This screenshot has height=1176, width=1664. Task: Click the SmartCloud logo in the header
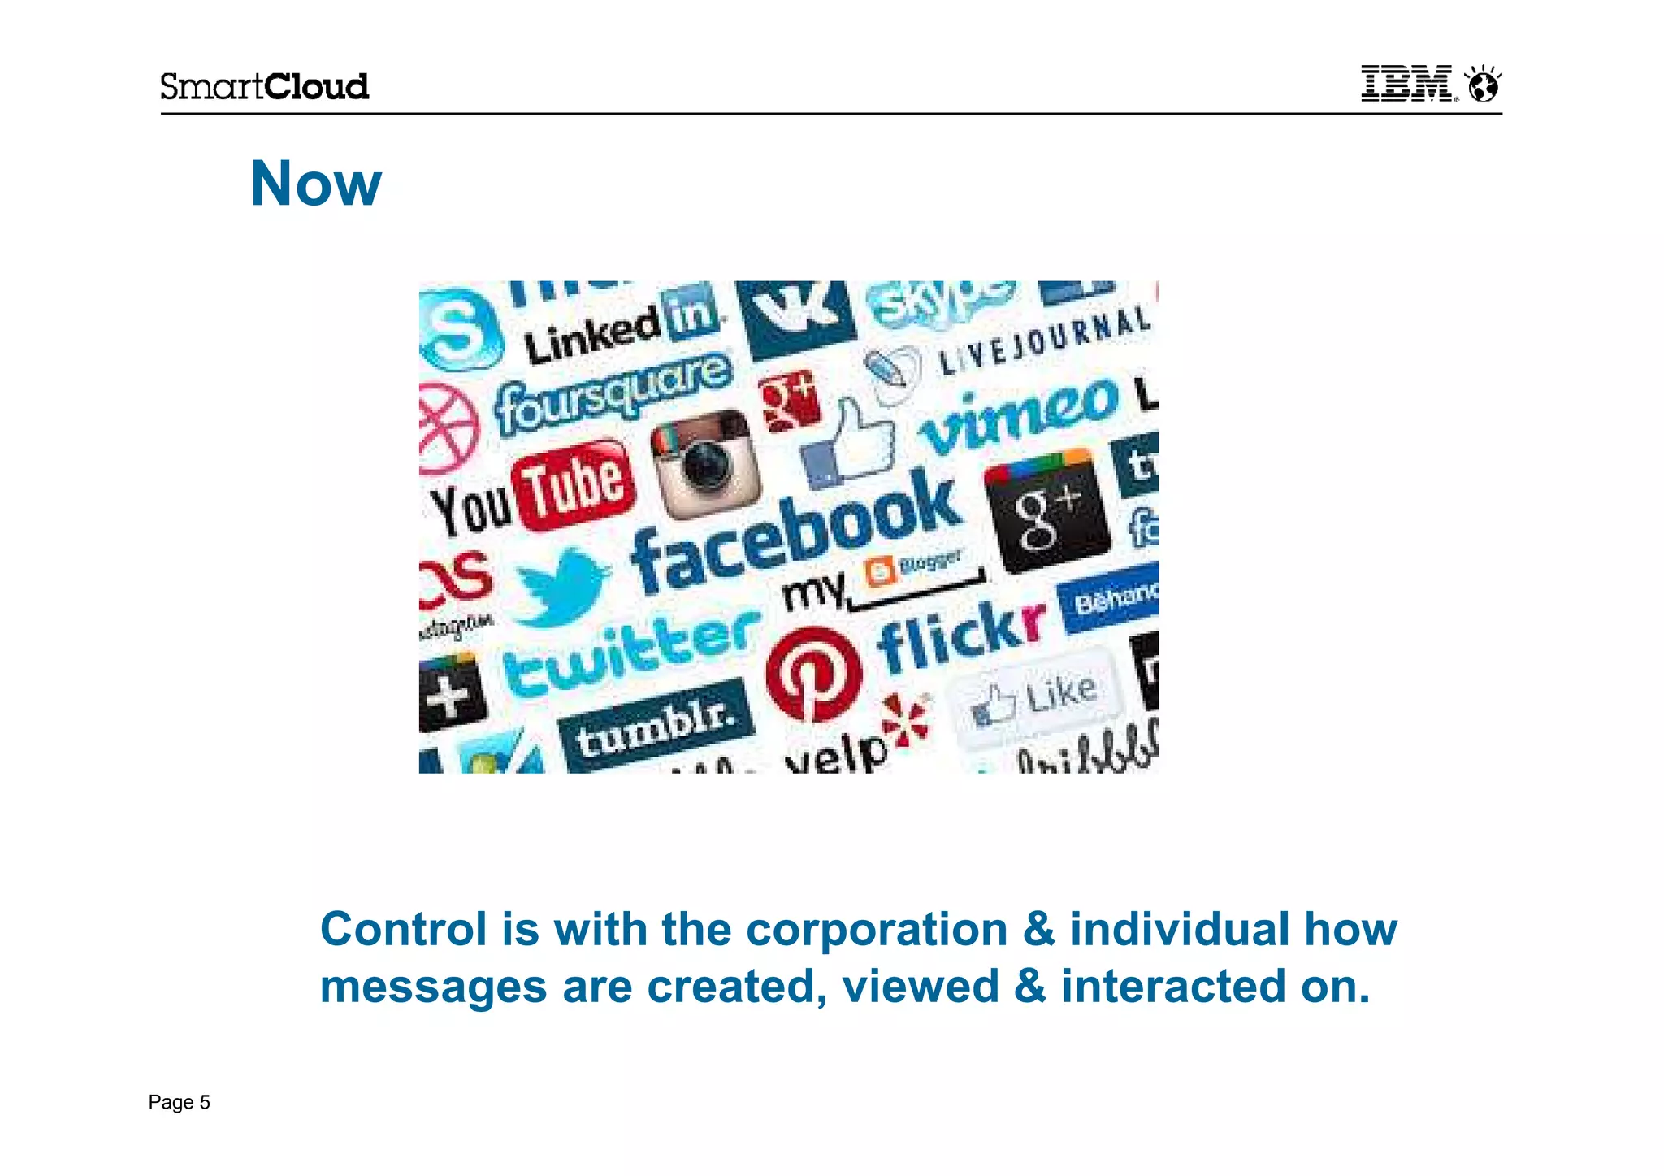264,86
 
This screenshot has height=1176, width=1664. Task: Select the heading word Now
315,184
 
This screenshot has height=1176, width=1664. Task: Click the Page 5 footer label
179,1102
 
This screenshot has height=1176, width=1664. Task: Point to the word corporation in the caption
877,930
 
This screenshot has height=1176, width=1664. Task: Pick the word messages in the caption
433,987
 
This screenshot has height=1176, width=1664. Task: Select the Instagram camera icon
705,463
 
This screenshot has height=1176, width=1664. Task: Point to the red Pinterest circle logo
813,674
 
